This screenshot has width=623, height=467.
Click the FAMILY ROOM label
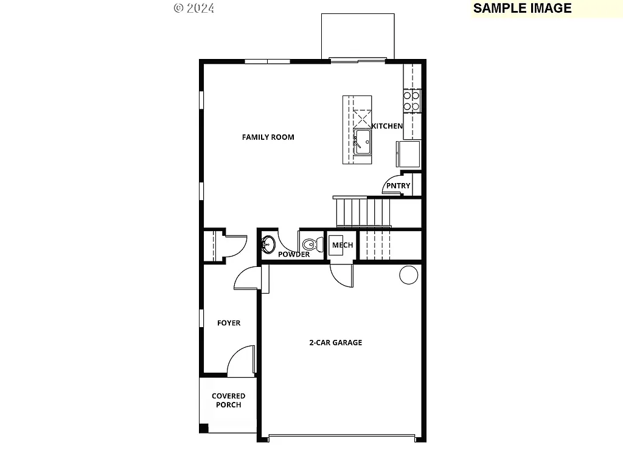coord(268,137)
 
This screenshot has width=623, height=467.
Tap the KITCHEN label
coord(387,126)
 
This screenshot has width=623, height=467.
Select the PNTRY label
coord(398,186)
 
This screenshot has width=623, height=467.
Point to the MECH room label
coord(343,245)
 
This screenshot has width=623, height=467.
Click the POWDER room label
coord(294,254)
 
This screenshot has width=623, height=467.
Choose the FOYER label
coord(229,323)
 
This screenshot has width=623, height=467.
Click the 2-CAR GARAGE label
coord(335,342)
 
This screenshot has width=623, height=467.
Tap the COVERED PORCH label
coord(228,401)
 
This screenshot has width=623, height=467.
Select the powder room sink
coord(268,245)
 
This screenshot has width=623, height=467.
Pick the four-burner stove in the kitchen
coord(412,101)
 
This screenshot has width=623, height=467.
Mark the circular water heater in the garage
coord(408,275)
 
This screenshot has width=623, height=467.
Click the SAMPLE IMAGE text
coord(522,8)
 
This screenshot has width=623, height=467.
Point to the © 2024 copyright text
coord(194,8)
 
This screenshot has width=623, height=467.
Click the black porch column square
coord(204,428)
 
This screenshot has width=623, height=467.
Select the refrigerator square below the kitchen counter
coord(408,153)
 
